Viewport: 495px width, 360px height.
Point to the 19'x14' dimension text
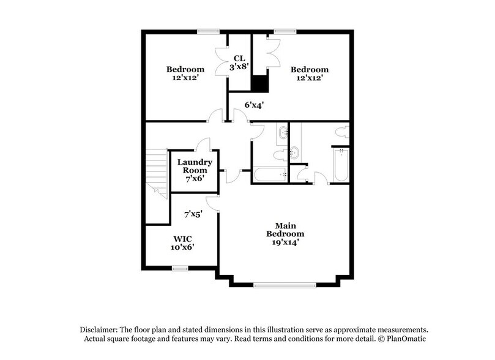click(x=285, y=242)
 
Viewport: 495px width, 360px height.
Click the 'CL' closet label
click(x=239, y=58)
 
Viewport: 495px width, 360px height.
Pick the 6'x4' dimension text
click(x=254, y=105)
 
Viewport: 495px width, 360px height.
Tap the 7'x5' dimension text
click(x=194, y=214)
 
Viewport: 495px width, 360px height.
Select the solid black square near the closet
click(x=261, y=84)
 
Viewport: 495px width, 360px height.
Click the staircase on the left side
click(x=157, y=173)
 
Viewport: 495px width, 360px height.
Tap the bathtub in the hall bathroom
click(x=269, y=175)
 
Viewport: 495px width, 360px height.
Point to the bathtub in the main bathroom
click(x=341, y=165)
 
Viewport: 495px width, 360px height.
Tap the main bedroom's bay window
click(x=285, y=284)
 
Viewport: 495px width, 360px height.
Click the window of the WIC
click(x=180, y=268)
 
